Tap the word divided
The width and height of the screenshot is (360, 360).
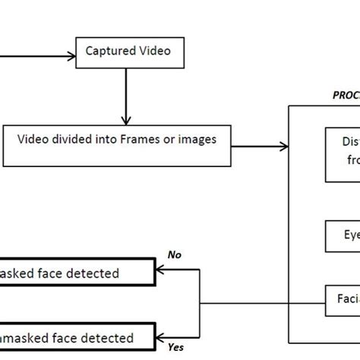(89, 139)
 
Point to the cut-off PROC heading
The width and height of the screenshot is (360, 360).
(346, 96)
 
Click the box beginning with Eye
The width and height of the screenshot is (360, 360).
(343, 236)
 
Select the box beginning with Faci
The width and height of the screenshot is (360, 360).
(343, 299)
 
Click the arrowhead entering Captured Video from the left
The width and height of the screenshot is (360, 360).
(74, 55)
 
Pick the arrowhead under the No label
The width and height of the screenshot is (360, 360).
(160, 267)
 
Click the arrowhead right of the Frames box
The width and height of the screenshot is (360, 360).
(284, 146)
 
